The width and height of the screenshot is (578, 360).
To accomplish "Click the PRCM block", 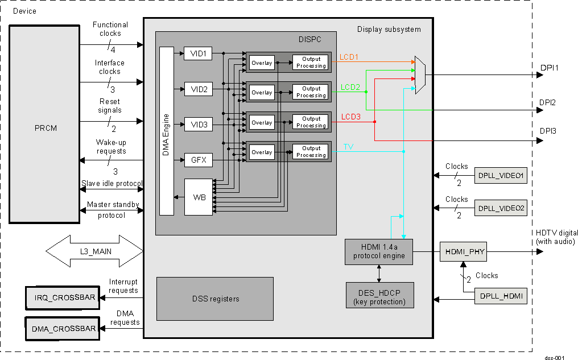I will [x=44, y=123].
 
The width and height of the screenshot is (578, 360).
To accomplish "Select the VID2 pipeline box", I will [x=199, y=89].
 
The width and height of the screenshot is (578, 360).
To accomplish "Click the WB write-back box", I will [x=199, y=197].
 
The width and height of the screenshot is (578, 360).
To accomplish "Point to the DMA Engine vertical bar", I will [x=166, y=131].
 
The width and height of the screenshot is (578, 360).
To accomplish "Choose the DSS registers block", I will [x=215, y=299].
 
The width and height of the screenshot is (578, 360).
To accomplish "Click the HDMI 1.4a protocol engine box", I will [x=378, y=252].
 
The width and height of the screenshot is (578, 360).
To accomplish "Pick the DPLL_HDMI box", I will [x=501, y=296].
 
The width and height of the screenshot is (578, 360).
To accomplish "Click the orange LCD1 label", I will [x=349, y=57].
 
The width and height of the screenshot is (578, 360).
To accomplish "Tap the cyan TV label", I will [x=348, y=147].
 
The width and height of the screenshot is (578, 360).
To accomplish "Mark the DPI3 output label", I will [x=547, y=131].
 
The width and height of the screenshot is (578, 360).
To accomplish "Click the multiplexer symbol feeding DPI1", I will [x=420, y=75].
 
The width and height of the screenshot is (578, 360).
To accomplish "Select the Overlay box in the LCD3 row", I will [x=262, y=122].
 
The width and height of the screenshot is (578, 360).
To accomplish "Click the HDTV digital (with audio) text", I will [x=556, y=237].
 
